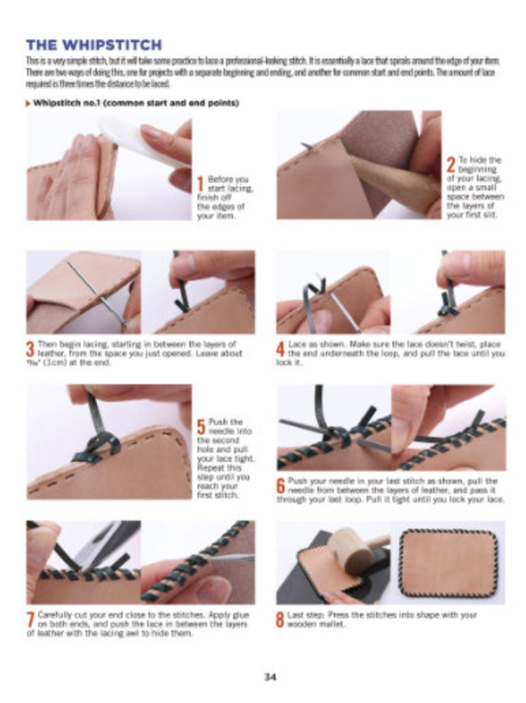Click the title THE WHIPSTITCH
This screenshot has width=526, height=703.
tap(93, 46)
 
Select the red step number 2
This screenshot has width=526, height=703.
tap(450, 165)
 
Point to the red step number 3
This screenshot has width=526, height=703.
tap(30, 349)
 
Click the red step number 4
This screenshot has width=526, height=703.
tap(281, 349)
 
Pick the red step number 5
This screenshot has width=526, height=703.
tap(200, 427)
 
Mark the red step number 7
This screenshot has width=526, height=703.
tap(30, 620)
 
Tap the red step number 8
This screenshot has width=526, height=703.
tap(281, 620)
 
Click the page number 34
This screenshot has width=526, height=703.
tap(270, 676)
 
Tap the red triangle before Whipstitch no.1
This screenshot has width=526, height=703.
tap(28, 103)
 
